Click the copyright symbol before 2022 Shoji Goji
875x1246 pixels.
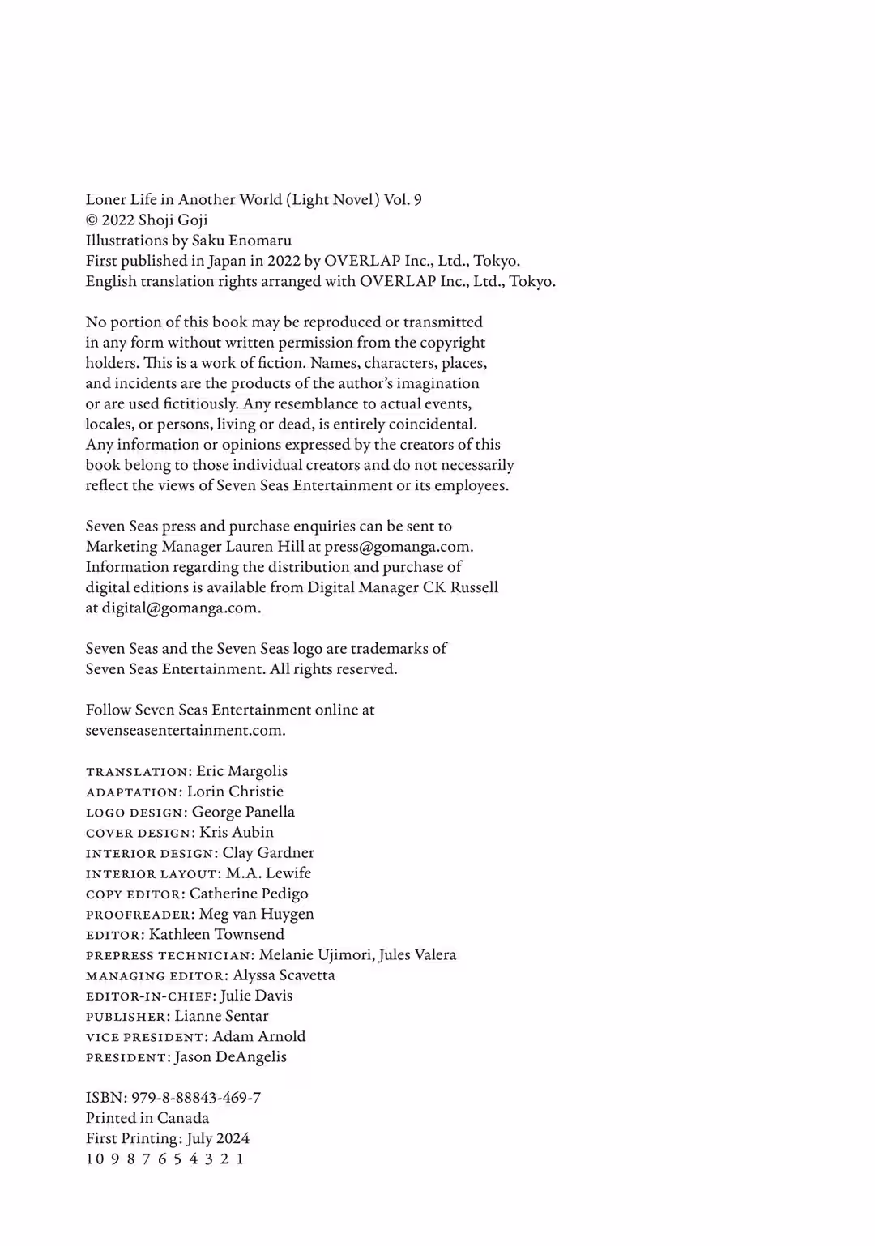coord(91,220)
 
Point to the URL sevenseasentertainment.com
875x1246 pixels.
coord(185,730)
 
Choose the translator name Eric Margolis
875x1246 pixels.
coord(241,771)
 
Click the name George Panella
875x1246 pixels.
coord(243,812)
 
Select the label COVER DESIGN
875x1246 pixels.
coord(140,833)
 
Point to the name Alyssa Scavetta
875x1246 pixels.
coord(284,975)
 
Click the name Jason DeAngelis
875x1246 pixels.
coord(230,1057)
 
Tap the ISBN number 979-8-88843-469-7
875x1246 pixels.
coord(196,1098)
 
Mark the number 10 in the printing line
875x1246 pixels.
coord(95,1159)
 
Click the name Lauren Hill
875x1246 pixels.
coord(271,547)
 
